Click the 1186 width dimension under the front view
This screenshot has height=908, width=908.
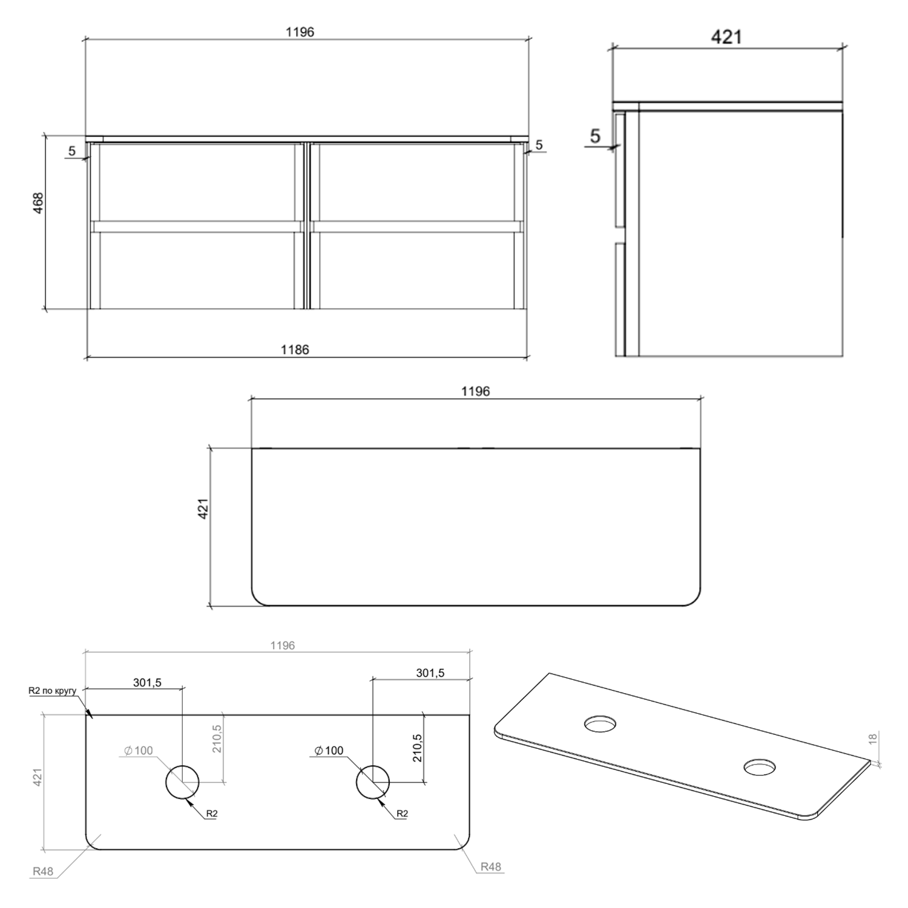(x=295, y=349)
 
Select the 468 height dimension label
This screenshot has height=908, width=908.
(x=38, y=203)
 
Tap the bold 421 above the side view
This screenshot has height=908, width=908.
(x=726, y=37)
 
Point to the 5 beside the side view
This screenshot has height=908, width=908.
(x=595, y=136)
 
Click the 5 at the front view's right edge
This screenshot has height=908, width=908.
(x=539, y=145)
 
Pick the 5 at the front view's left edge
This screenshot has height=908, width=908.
(x=72, y=151)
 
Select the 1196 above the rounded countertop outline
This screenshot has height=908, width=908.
(x=475, y=391)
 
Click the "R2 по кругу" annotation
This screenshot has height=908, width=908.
(x=52, y=691)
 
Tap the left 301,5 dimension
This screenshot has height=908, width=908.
(x=147, y=682)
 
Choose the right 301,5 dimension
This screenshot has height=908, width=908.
(x=430, y=673)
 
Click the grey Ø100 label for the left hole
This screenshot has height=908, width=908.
(x=139, y=751)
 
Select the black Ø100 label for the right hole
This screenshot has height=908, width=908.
(x=329, y=751)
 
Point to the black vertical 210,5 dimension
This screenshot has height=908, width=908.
(x=417, y=747)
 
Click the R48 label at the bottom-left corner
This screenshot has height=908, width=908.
(x=42, y=871)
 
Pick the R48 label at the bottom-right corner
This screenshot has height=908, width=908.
(x=490, y=866)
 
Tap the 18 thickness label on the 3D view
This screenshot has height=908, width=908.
(x=872, y=739)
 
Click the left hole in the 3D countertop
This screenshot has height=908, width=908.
(x=600, y=723)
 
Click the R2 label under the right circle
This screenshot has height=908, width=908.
(x=402, y=814)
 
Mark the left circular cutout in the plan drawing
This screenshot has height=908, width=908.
(x=182, y=782)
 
